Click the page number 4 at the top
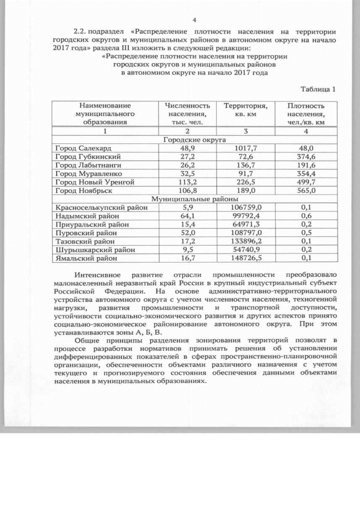coord(194,20)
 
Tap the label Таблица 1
coord(318,89)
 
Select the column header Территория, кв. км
coord(245,110)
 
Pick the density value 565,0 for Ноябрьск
coord(306,191)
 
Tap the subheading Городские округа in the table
coord(194,139)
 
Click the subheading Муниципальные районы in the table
coord(194,199)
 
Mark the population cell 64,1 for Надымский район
coord(187,216)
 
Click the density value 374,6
coord(306,156)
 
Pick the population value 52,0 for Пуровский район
coord(187,233)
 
